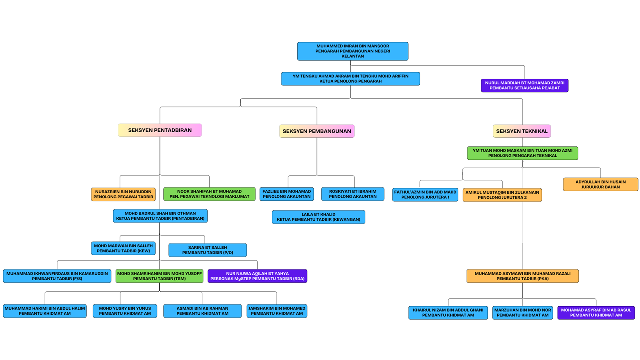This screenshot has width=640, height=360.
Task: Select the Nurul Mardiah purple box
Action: click(x=524, y=85)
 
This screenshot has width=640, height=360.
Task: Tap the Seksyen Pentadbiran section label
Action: click(x=160, y=130)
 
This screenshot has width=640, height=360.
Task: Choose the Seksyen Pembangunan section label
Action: click(x=317, y=131)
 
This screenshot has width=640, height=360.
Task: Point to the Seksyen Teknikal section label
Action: click(x=522, y=131)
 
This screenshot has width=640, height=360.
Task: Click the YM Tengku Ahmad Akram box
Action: click(x=350, y=78)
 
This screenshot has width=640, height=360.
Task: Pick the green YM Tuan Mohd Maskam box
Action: click(x=522, y=153)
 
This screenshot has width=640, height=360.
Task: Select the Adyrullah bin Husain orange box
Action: click(x=600, y=184)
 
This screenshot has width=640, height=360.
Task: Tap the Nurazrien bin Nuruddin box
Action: click(x=123, y=194)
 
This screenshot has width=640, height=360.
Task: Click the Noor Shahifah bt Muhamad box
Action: click(x=209, y=194)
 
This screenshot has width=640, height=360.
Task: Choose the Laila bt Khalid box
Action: click(x=318, y=217)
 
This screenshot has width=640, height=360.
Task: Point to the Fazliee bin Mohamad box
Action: click(x=287, y=194)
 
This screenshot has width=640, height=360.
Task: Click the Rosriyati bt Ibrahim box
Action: click(x=352, y=194)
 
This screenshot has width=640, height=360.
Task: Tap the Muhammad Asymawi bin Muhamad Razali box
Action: click(x=522, y=276)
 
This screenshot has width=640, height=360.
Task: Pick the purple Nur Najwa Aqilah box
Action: click(x=257, y=276)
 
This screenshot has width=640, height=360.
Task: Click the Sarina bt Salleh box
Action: click(x=207, y=250)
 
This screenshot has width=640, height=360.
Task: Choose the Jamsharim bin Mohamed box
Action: click(x=277, y=311)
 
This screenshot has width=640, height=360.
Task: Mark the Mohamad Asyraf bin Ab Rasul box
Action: click(x=596, y=313)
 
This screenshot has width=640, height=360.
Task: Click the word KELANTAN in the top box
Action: click(x=352, y=56)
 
